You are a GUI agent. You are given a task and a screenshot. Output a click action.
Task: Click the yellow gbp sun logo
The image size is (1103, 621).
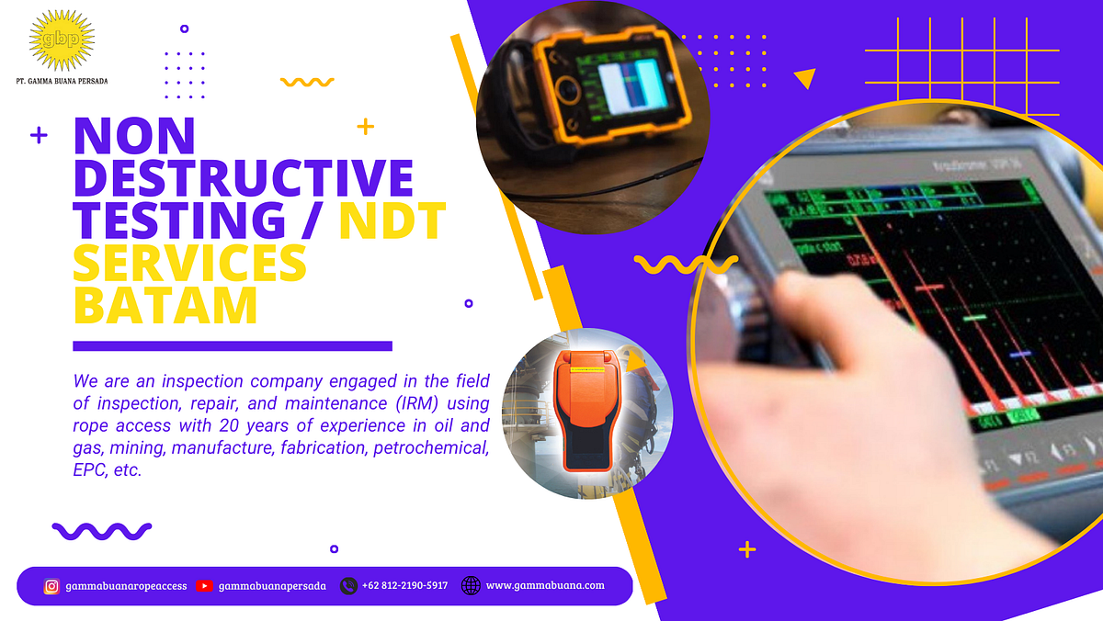click(x=62, y=40)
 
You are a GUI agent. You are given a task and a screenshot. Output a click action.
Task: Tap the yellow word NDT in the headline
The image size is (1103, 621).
click(x=392, y=221)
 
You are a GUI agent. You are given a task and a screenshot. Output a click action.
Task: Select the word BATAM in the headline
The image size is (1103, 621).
click(x=165, y=305)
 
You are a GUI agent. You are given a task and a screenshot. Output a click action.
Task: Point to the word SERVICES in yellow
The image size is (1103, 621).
click(x=189, y=264)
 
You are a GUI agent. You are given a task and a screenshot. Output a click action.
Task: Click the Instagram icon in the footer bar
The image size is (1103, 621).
click(x=52, y=586)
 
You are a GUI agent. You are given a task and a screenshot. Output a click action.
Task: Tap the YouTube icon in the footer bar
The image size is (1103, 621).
click(x=205, y=586)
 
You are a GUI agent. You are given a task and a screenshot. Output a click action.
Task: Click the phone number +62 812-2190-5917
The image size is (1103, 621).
click(x=404, y=585)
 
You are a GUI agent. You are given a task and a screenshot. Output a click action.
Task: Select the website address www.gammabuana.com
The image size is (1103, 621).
click(x=545, y=585)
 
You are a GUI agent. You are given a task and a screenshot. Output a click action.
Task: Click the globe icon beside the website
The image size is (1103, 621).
click(x=471, y=585)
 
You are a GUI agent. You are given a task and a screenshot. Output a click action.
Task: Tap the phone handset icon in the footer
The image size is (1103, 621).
click(x=348, y=585)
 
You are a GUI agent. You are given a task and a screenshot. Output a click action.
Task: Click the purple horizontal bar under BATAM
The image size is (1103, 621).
click(x=233, y=346)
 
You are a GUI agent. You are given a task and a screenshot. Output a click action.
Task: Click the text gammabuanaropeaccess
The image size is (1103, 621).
click(x=126, y=586)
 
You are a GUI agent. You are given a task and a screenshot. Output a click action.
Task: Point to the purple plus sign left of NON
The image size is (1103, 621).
click(x=39, y=136)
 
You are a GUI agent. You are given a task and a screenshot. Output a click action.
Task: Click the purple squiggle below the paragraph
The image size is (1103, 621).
click(x=102, y=530)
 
